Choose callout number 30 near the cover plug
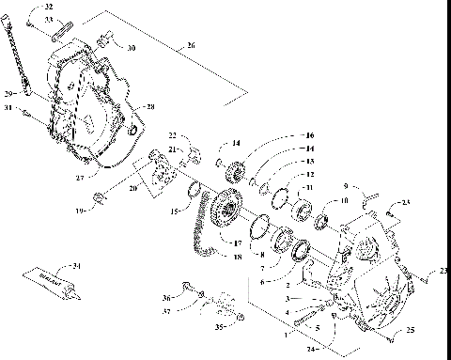[x=131, y=47]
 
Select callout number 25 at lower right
[x=411, y=329]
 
